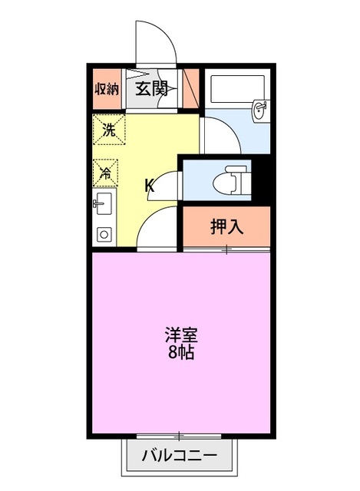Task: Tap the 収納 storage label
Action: pyautogui.click(x=107, y=88)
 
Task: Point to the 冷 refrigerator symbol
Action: pyautogui.click(x=106, y=172)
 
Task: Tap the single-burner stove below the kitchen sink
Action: pyautogui.click(x=104, y=233)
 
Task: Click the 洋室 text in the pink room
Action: pyautogui.click(x=182, y=336)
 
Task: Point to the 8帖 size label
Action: pyautogui.click(x=181, y=353)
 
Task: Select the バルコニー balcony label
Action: pyautogui.click(x=179, y=455)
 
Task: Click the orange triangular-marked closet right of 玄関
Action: pyautogui.click(x=190, y=88)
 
